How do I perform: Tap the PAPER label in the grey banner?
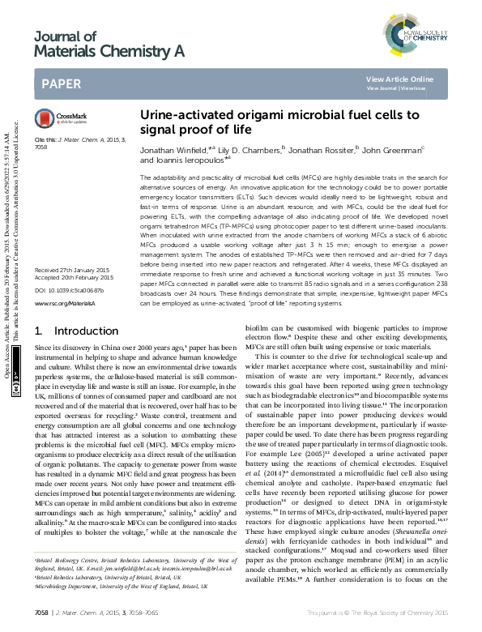(x=61, y=83)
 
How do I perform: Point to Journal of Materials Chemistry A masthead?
(x=109, y=44)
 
